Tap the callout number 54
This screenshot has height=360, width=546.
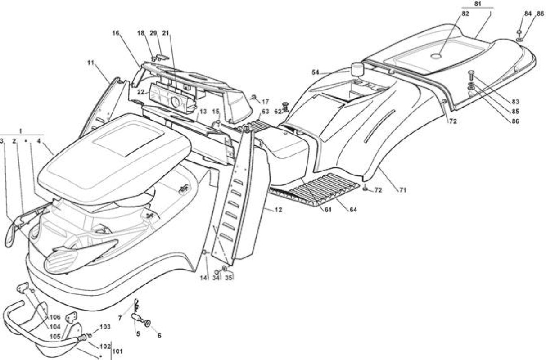coord(316,72)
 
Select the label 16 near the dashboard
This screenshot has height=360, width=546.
coord(116,33)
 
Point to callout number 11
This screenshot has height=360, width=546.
coord(90,63)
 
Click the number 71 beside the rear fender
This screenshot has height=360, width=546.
coord(403,189)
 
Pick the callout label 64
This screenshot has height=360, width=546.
coord(353,209)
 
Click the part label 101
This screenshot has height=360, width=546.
coord(118,351)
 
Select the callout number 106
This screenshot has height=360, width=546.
coord(55,317)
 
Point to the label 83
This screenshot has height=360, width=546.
coord(515,101)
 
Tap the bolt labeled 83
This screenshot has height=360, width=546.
coord(471,76)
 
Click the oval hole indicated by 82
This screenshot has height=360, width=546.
coord(436,56)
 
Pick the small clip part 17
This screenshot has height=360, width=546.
coord(254,98)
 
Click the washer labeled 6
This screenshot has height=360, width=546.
coord(147,324)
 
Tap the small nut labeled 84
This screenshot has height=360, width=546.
coord(519,32)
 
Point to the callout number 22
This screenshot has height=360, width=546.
coord(140,92)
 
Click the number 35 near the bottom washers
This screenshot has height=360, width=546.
coord(228,278)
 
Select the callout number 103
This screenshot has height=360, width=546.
coord(105,327)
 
